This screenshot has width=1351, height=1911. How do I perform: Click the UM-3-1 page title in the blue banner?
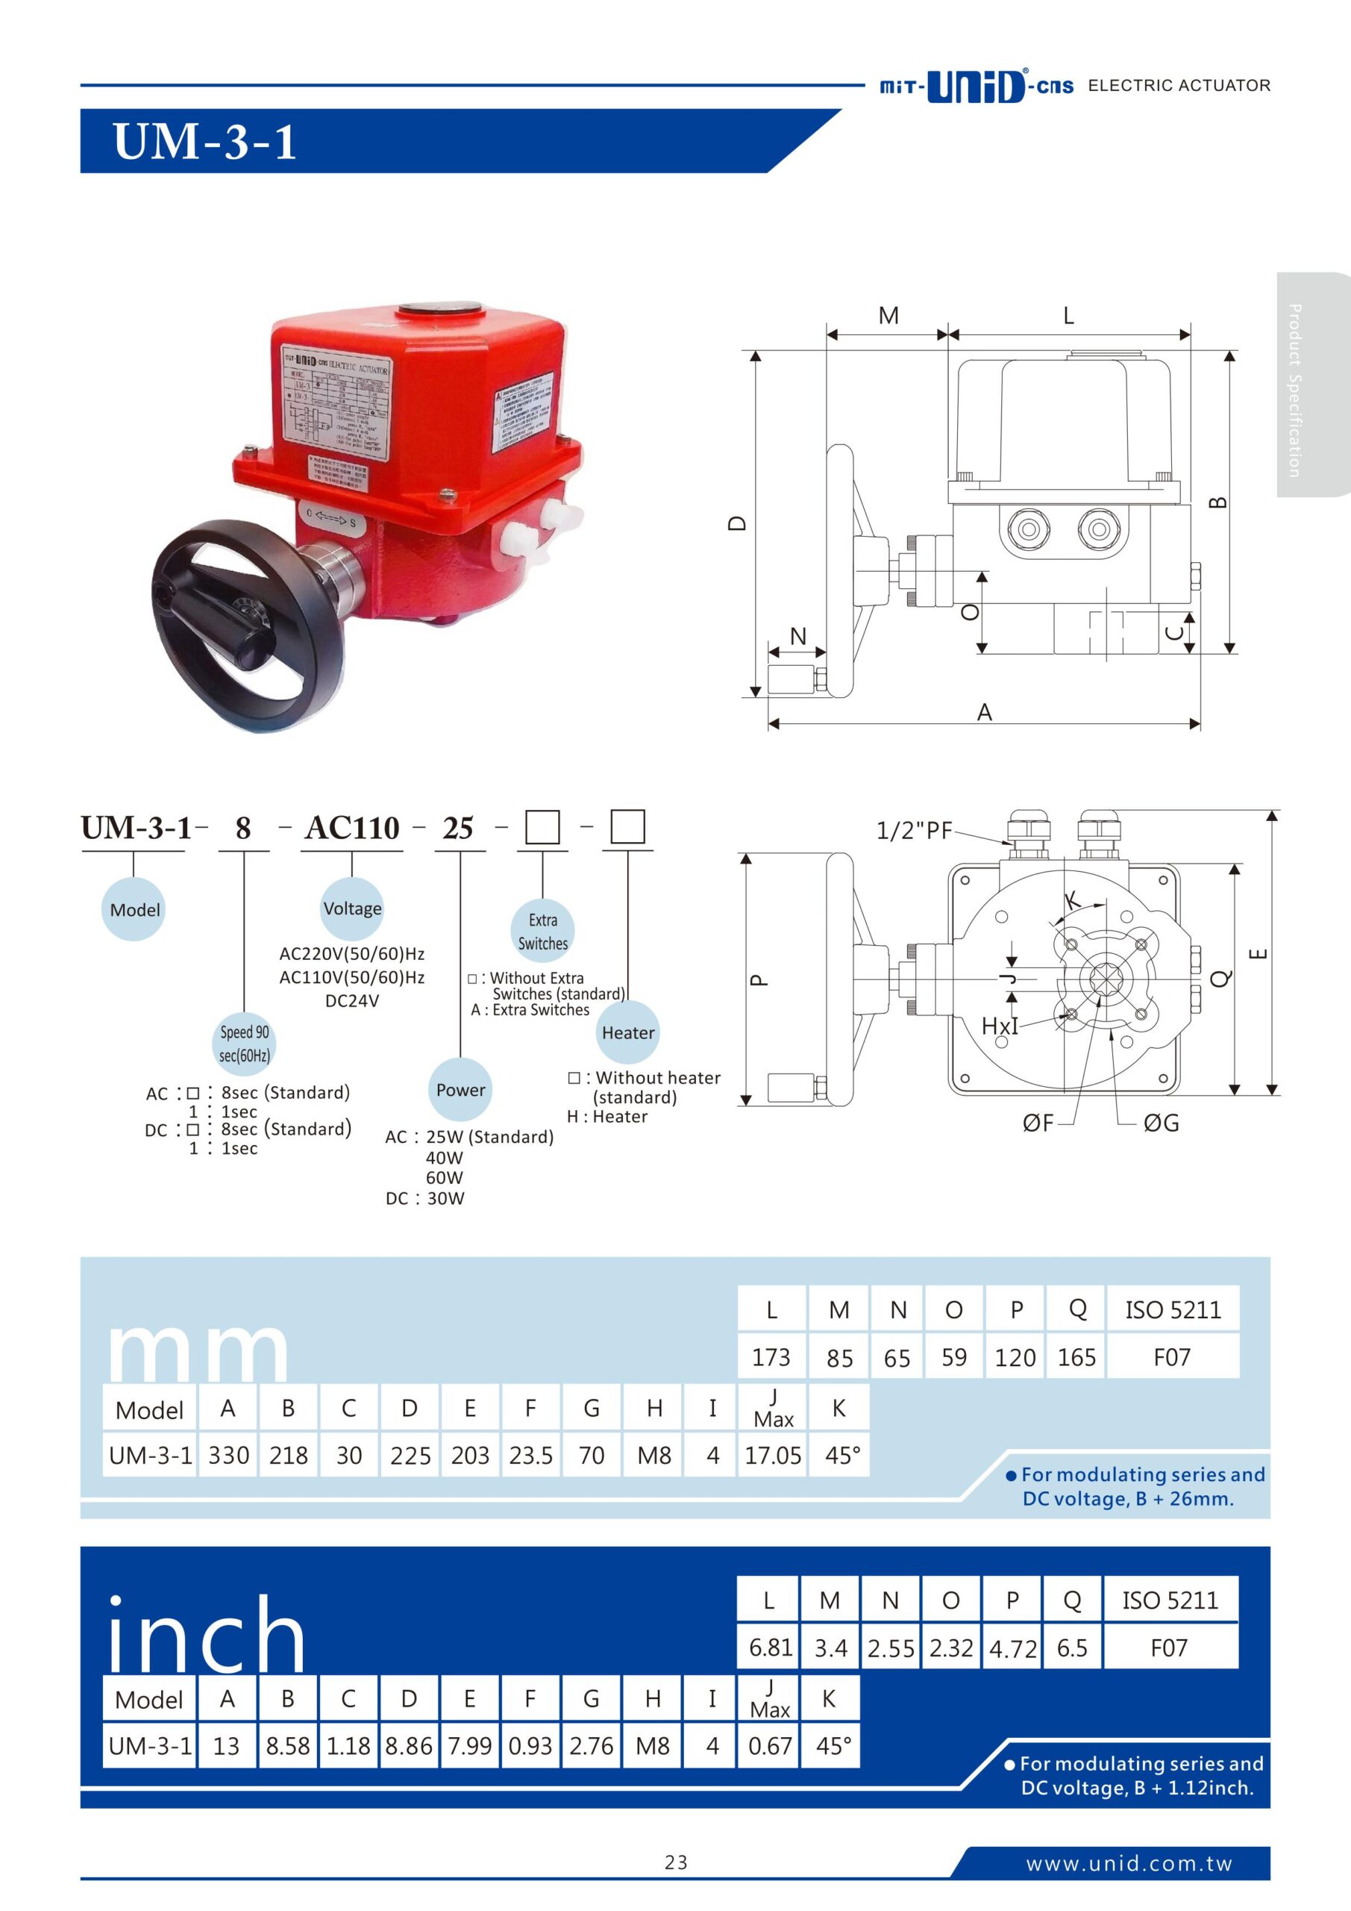click(204, 142)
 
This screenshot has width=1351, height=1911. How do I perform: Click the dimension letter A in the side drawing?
click(984, 712)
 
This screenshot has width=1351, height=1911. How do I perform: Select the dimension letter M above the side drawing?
click(888, 317)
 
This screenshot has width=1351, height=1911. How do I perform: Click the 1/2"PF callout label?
click(913, 831)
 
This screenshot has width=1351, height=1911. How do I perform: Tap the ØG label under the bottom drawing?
click(1161, 1123)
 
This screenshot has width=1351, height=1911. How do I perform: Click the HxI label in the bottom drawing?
click(999, 1026)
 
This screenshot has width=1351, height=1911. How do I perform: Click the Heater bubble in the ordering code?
click(628, 1033)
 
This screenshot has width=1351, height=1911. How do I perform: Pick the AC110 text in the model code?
click(352, 828)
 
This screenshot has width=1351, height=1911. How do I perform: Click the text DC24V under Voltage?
click(352, 1001)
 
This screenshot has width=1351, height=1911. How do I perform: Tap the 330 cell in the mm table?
click(229, 1455)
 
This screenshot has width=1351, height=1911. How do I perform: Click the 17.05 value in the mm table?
click(772, 1455)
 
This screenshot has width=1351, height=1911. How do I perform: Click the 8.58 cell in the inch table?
click(288, 1745)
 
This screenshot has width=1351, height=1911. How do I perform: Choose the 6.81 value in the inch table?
click(770, 1648)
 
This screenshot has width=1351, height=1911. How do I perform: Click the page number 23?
click(676, 1862)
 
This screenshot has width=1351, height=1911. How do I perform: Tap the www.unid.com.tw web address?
click(1128, 1863)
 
